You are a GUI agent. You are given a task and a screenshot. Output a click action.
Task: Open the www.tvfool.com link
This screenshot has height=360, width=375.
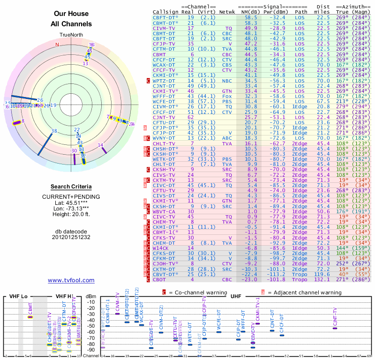71,280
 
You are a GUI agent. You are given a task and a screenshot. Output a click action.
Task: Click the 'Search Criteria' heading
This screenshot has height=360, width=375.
71,187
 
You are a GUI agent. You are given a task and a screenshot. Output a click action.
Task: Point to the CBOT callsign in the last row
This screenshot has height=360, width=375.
160,279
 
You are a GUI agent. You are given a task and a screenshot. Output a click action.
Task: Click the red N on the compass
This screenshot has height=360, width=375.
57,45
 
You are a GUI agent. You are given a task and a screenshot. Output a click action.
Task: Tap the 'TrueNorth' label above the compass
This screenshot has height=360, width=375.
71,36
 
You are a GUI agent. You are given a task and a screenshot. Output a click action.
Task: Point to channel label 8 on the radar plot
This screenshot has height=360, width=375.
22,121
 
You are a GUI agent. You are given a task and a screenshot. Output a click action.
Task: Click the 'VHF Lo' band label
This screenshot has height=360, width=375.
19,297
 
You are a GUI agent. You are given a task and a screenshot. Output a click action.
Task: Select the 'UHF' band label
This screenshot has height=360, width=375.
236,296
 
